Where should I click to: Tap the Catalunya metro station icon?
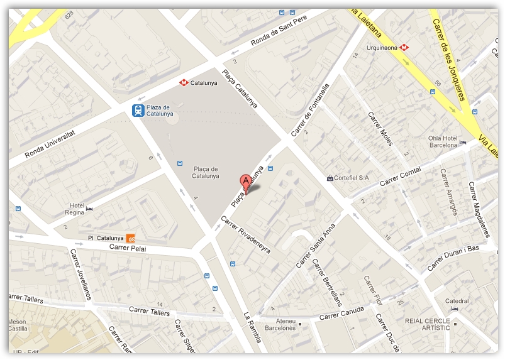[184, 82]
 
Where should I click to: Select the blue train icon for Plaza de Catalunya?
[137, 111]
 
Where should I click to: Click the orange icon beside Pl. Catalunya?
[131, 238]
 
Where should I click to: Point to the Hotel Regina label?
[77, 209]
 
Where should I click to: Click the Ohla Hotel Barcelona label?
[443, 141]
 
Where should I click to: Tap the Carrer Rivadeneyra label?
[245, 235]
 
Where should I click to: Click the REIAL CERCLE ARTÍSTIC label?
[428, 324]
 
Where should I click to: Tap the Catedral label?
[457, 301]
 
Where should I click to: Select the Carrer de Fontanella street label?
[311, 109]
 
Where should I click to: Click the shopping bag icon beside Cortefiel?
[330, 178]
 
